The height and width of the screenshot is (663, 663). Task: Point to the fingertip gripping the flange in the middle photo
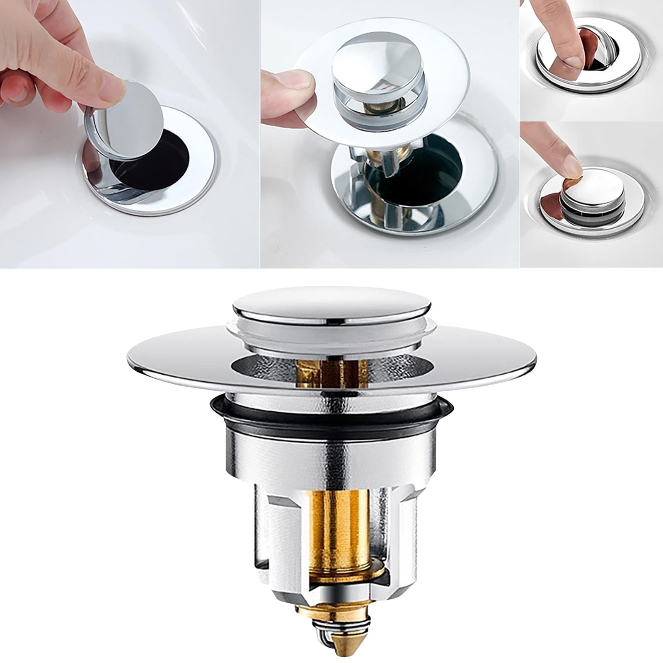click(290, 81)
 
